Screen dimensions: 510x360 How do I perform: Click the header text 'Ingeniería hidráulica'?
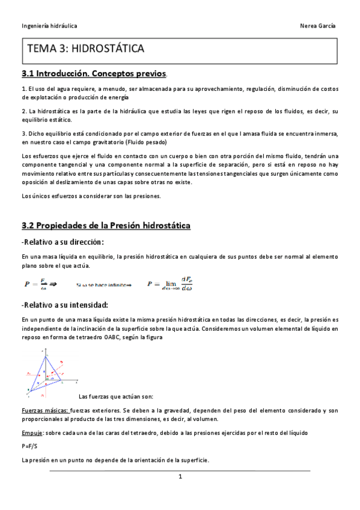pyautogui.click(x=49, y=26)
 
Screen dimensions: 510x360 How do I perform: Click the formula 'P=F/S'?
pyautogui.click(x=29, y=446)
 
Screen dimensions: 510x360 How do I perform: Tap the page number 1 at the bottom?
pyautogui.click(x=180, y=477)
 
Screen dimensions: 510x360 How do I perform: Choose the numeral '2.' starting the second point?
pyautogui.click(x=24, y=111)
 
